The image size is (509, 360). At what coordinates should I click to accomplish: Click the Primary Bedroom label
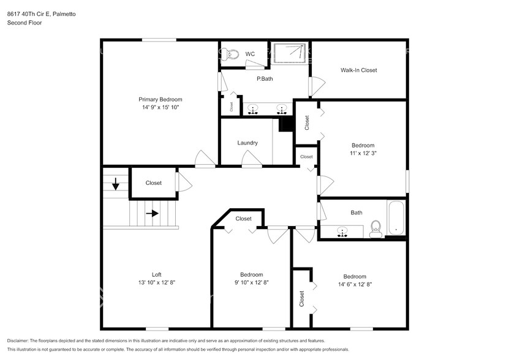(x=160, y=99)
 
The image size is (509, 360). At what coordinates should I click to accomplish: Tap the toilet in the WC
(x=231, y=54)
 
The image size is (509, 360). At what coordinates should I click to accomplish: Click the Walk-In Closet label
(x=358, y=70)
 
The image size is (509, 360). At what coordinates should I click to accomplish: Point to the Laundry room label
(x=247, y=143)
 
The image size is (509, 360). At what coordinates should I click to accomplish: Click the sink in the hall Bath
(x=342, y=231)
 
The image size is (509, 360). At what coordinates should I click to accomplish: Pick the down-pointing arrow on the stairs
(x=116, y=182)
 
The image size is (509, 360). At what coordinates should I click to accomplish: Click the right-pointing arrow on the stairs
(x=152, y=214)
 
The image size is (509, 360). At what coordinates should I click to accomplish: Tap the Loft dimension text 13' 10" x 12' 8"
(x=156, y=282)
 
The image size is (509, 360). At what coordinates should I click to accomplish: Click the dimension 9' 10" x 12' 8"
(x=251, y=282)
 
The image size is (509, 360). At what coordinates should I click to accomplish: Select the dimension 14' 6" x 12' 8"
(x=355, y=284)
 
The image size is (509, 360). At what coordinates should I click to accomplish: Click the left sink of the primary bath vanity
(x=254, y=110)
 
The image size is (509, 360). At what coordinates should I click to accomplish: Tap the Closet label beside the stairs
(x=153, y=182)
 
